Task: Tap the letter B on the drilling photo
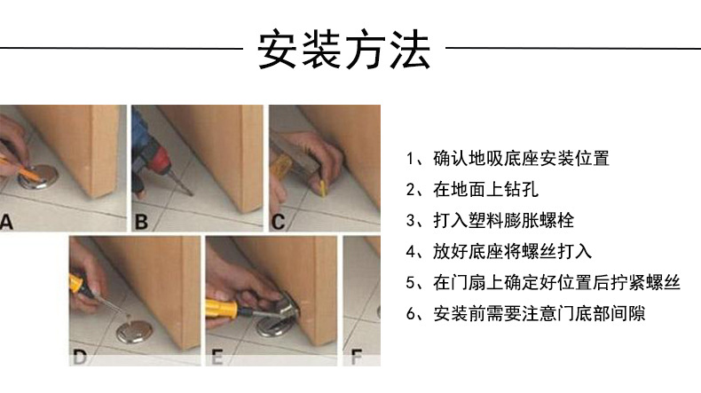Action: (x=141, y=221)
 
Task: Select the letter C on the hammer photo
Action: (x=279, y=221)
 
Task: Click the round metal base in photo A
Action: (x=39, y=177)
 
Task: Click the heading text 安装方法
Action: (x=344, y=50)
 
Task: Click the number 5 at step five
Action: (x=411, y=283)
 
